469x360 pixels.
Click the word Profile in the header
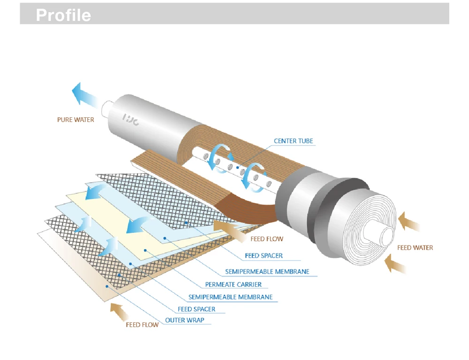[x=63, y=15]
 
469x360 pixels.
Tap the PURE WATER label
[x=76, y=120]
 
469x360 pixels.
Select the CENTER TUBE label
[x=293, y=141]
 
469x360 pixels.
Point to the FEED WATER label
[x=415, y=247]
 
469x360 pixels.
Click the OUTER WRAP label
[x=184, y=321]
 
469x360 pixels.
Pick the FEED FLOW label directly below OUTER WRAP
[x=142, y=324]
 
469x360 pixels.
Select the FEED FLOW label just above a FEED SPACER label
[x=266, y=239]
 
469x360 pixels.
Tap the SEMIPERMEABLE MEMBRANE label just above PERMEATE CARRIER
[x=267, y=272]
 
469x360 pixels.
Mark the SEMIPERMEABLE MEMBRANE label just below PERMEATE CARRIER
[x=230, y=297]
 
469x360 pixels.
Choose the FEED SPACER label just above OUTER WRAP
[x=197, y=309]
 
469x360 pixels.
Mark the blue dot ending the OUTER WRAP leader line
[x=107, y=286]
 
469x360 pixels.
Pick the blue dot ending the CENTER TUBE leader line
[x=238, y=167]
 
